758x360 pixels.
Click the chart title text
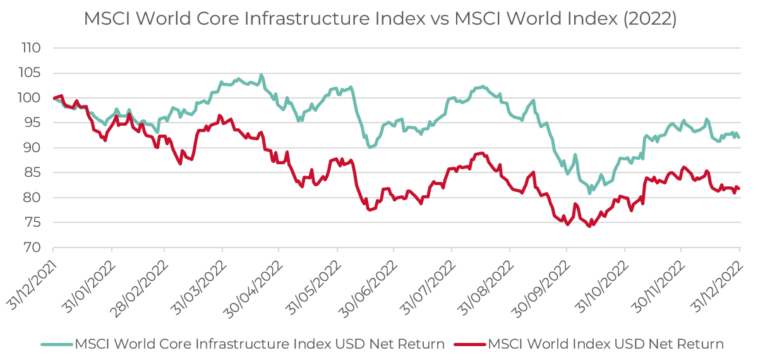pos(380,19)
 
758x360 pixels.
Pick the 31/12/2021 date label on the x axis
pos(30,277)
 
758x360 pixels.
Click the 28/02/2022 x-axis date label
pos(140,277)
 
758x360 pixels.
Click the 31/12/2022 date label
pos(716,277)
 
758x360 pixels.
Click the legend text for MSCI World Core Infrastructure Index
pos(260,344)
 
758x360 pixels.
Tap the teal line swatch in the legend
pos(57,345)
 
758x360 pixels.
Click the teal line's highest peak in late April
pos(262,75)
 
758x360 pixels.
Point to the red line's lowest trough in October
pos(589,226)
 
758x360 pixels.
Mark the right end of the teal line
pos(739,137)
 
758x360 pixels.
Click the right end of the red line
pos(739,189)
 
